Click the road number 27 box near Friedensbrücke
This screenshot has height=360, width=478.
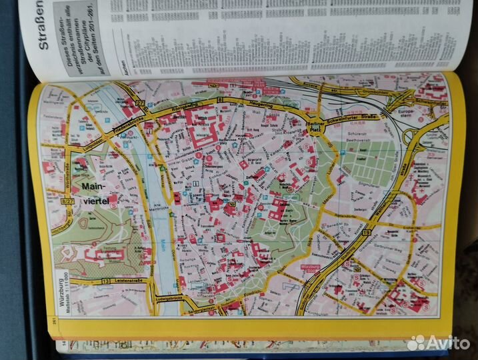click(139, 101)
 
